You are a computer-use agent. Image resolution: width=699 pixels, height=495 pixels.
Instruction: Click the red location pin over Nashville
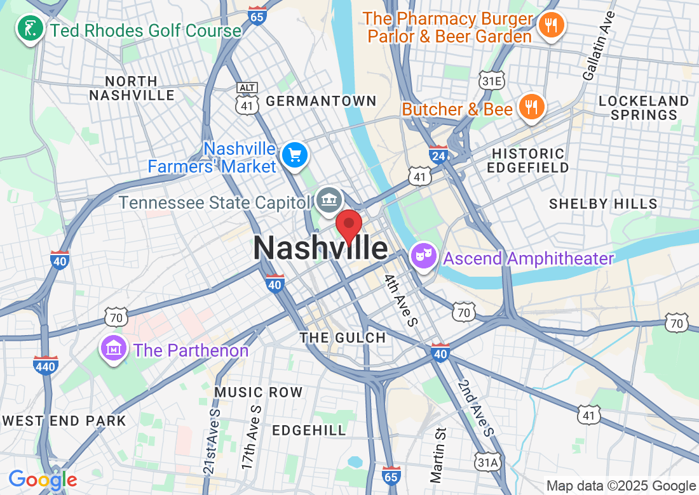pyautogui.click(x=348, y=227)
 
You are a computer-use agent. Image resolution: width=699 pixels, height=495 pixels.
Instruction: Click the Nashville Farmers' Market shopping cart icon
pyautogui.click(x=295, y=155)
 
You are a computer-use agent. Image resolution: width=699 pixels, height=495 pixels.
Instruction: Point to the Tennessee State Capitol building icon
pyautogui.click(x=329, y=201)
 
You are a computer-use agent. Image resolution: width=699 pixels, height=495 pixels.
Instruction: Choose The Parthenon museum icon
pyautogui.click(x=113, y=348)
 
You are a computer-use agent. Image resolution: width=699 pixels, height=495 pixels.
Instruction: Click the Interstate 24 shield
pyautogui.click(x=438, y=154)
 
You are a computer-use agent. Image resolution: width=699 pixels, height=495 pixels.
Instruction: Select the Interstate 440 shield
pyautogui.click(x=46, y=365)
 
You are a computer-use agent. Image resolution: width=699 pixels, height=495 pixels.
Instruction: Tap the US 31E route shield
pyautogui.click(x=492, y=81)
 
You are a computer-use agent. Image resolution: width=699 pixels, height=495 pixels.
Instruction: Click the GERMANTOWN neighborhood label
pyautogui.click(x=321, y=101)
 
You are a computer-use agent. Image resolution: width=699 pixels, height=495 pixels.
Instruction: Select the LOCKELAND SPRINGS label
pyautogui.click(x=643, y=108)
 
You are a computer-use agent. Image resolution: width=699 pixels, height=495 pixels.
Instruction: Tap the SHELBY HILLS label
pyautogui.click(x=603, y=204)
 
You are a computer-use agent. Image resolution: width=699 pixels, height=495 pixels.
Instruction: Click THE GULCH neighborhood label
pyautogui.click(x=343, y=338)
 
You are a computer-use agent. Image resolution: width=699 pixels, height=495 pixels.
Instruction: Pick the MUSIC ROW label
pyautogui.click(x=258, y=392)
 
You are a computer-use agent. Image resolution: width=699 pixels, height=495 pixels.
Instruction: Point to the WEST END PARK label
pyautogui.click(x=64, y=421)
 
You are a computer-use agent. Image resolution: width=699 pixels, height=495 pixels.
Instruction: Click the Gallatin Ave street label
pyautogui.click(x=599, y=45)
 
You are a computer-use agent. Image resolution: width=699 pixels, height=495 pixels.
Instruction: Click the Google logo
pyautogui.click(x=43, y=480)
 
